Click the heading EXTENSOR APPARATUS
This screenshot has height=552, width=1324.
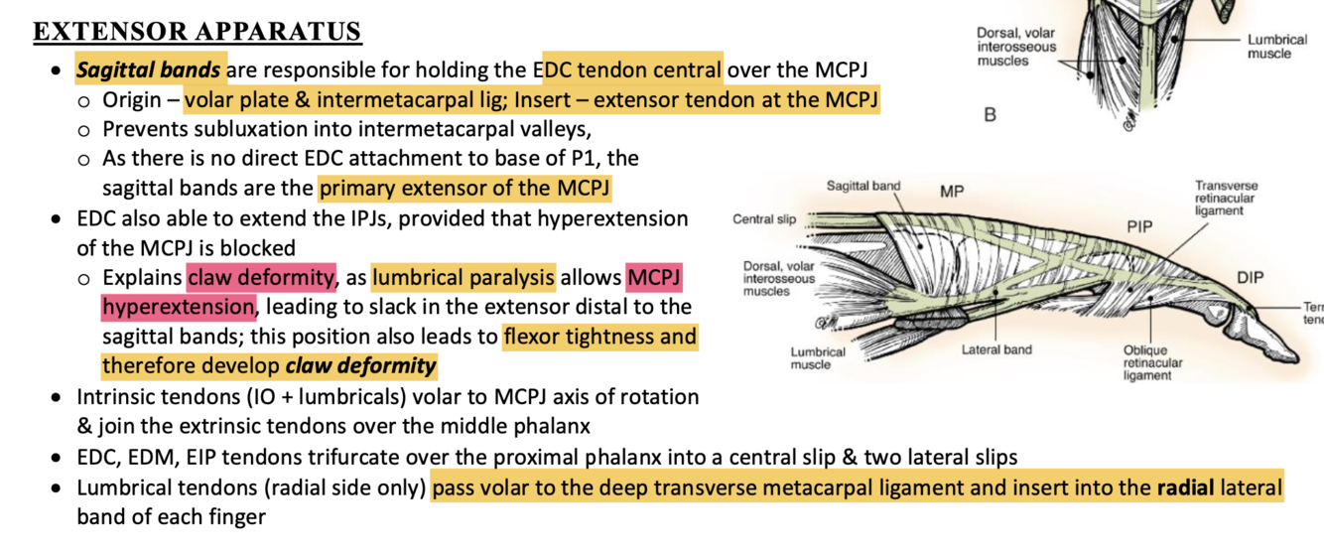[198, 32]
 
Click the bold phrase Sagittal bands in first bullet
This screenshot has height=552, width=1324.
[151, 70]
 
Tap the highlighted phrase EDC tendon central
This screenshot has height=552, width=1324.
[632, 70]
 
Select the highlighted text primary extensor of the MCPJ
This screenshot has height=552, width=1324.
[463, 187]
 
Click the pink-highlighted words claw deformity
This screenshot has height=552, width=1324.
[262, 277]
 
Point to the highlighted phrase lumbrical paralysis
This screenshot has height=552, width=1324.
[463, 277]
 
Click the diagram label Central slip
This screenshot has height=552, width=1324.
[765, 218]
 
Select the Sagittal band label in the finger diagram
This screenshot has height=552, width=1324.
[862, 186]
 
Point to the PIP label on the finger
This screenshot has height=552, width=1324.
[1140, 226]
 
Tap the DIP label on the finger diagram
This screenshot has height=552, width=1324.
[1251, 277]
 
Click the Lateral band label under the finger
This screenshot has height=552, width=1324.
[996, 349]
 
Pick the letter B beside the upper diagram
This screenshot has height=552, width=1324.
[990, 115]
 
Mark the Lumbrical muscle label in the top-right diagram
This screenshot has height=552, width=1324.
[1276, 47]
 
